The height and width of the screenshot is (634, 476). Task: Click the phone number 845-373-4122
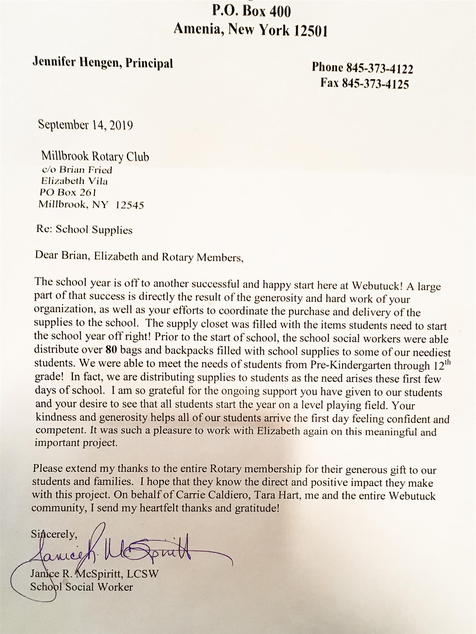point(379,68)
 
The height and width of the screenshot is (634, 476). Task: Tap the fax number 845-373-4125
point(375,84)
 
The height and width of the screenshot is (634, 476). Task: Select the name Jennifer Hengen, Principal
point(103,63)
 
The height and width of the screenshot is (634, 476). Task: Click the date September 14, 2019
point(85,125)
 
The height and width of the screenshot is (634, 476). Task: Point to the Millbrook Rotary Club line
point(95,157)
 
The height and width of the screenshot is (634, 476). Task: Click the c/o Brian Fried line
point(77,170)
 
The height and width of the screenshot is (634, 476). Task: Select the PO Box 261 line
point(68,192)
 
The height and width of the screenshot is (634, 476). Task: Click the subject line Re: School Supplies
point(84,230)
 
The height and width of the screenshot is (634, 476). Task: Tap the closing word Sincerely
point(54,534)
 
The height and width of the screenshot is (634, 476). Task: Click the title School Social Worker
point(81,587)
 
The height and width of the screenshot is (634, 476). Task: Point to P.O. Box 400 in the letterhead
point(251,12)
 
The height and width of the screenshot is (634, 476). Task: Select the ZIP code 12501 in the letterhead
point(311,31)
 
